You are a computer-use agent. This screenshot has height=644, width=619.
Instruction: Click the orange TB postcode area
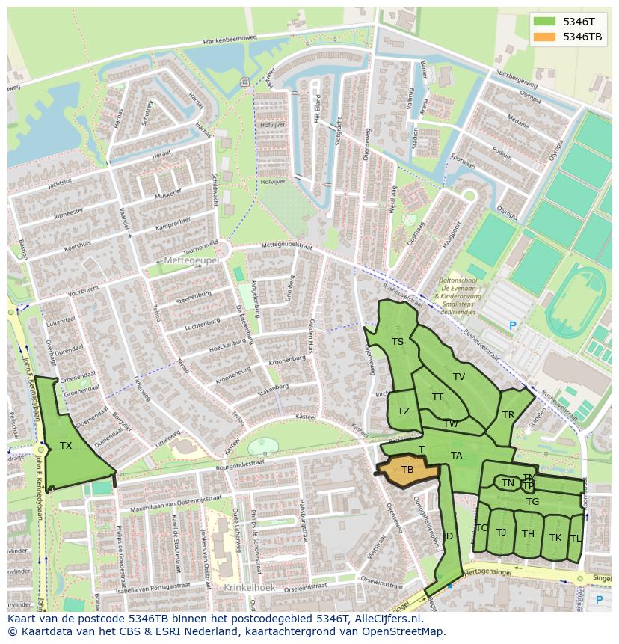407,470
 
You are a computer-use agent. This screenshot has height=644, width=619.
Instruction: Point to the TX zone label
66,446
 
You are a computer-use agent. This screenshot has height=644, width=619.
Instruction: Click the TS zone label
398,342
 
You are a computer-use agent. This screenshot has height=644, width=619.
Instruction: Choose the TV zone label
459,377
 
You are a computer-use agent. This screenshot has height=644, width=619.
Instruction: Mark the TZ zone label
404,411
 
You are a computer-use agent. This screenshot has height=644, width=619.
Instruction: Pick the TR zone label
508,415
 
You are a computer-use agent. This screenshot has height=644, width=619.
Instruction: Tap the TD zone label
446,536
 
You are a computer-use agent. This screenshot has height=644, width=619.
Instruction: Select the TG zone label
532,502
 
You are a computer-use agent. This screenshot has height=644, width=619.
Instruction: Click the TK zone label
555,538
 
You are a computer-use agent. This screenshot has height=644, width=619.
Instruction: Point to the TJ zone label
501,533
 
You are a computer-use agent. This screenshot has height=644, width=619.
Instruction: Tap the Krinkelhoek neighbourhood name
249,588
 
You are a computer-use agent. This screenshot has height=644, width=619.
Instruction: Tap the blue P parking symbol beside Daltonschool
512,325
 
